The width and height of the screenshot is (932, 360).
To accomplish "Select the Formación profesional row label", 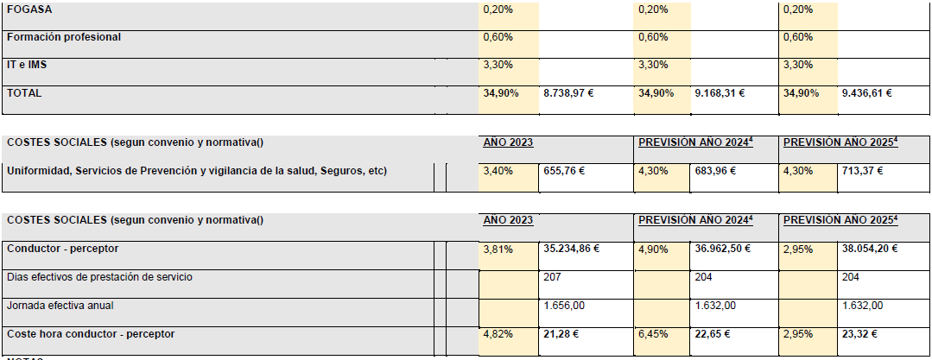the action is click(x=64, y=37).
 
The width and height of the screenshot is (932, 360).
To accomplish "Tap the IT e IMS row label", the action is click(x=27, y=64).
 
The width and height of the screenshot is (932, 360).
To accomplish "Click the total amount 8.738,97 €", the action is click(x=569, y=92).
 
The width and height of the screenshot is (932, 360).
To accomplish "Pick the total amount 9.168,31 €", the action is click(x=720, y=92).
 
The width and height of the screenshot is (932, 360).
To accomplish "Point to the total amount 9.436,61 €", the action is click(x=867, y=92).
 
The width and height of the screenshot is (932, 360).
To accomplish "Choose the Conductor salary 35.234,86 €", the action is click(x=571, y=249).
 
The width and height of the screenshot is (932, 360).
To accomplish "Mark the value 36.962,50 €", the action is click(x=722, y=249).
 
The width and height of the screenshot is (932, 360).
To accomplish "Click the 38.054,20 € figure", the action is click(x=870, y=249).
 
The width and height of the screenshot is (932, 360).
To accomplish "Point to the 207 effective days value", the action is click(x=552, y=277).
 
